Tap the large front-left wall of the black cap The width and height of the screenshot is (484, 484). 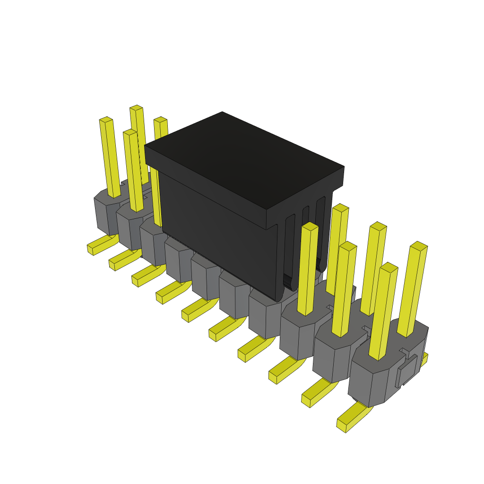(x=217, y=227)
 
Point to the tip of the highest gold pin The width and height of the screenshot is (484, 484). (x=136, y=108)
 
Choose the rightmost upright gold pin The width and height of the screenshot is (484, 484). (x=412, y=288)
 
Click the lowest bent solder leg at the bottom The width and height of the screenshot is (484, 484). (x=352, y=418)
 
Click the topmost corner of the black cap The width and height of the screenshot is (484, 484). (x=222, y=112)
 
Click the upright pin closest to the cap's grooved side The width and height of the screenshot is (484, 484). (x=337, y=251)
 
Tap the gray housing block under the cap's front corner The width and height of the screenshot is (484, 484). (x=265, y=314)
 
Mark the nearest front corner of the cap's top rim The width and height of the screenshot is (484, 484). (x=267, y=210)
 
